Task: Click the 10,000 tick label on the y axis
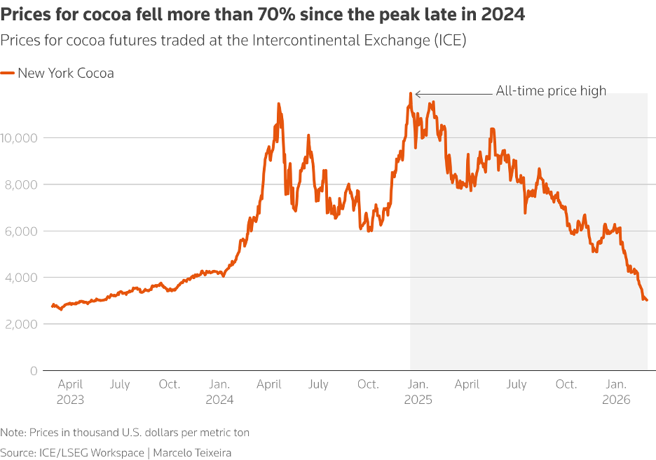(19, 138)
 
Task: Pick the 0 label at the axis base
(34, 370)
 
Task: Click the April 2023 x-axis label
(70, 391)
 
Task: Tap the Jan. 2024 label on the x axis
(220, 391)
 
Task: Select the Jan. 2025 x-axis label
(418, 391)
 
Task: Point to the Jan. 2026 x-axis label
(617, 391)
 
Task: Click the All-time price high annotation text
(551, 90)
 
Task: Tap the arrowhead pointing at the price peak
(417, 93)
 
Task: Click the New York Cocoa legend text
(66, 73)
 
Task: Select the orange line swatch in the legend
(8, 73)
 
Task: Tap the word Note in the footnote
(13, 433)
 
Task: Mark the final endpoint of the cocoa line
(646, 300)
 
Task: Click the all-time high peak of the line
(411, 93)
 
